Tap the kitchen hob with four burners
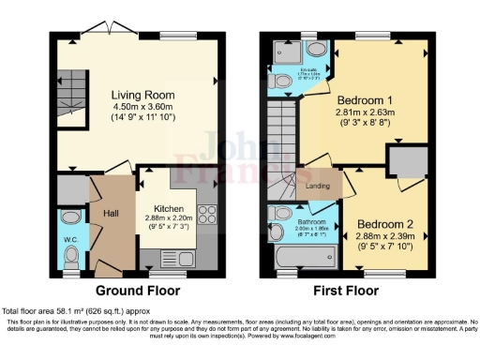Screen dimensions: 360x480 click(x=207, y=217)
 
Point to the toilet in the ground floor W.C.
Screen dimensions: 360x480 click(x=69, y=217)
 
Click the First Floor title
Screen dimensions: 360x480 click(x=341, y=290)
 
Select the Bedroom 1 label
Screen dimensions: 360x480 click(x=355, y=100)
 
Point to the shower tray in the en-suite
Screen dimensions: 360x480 click(x=285, y=55)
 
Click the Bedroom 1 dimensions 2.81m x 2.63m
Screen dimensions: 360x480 click(x=356, y=113)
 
